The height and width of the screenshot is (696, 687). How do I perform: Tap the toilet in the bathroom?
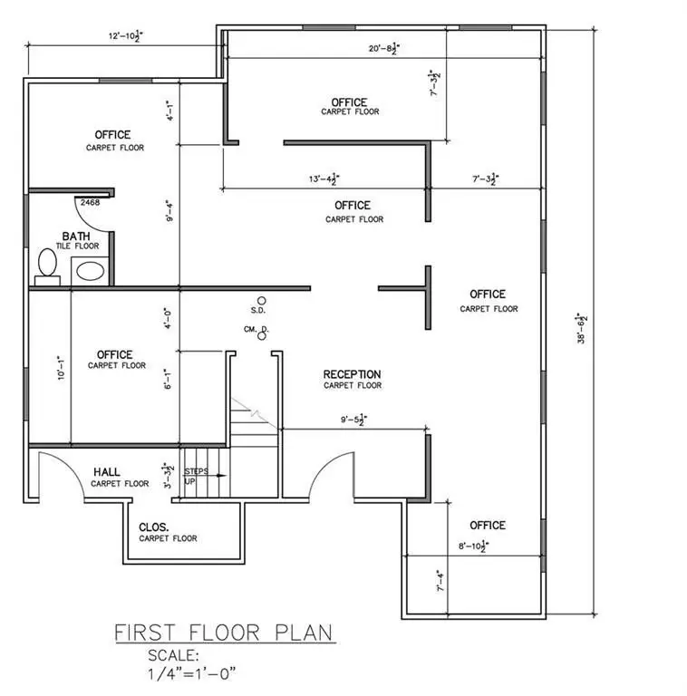pyautogui.click(x=47, y=265)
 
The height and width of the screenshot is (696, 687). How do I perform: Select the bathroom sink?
pyautogui.click(x=89, y=270)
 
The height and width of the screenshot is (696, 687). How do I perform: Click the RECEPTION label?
pyautogui.click(x=353, y=374)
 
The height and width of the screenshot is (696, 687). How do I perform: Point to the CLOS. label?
pyautogui.click(x=156, y=527)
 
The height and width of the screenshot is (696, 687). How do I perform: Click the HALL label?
pyautogui.click(x=108, y=472)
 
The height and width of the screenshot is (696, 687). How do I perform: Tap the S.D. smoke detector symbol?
pyautogui.click(x=261, y=300)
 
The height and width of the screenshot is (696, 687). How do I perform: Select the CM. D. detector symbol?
pyautogui.click(x=262, y=335)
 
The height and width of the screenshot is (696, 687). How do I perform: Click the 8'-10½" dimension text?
pyautogui.click(x=473, y=546)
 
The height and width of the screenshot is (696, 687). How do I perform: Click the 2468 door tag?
pyautogui.click(x=90, y=202)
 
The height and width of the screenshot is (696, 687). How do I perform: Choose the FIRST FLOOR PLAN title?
pyautogui.click(x=223, y=632)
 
